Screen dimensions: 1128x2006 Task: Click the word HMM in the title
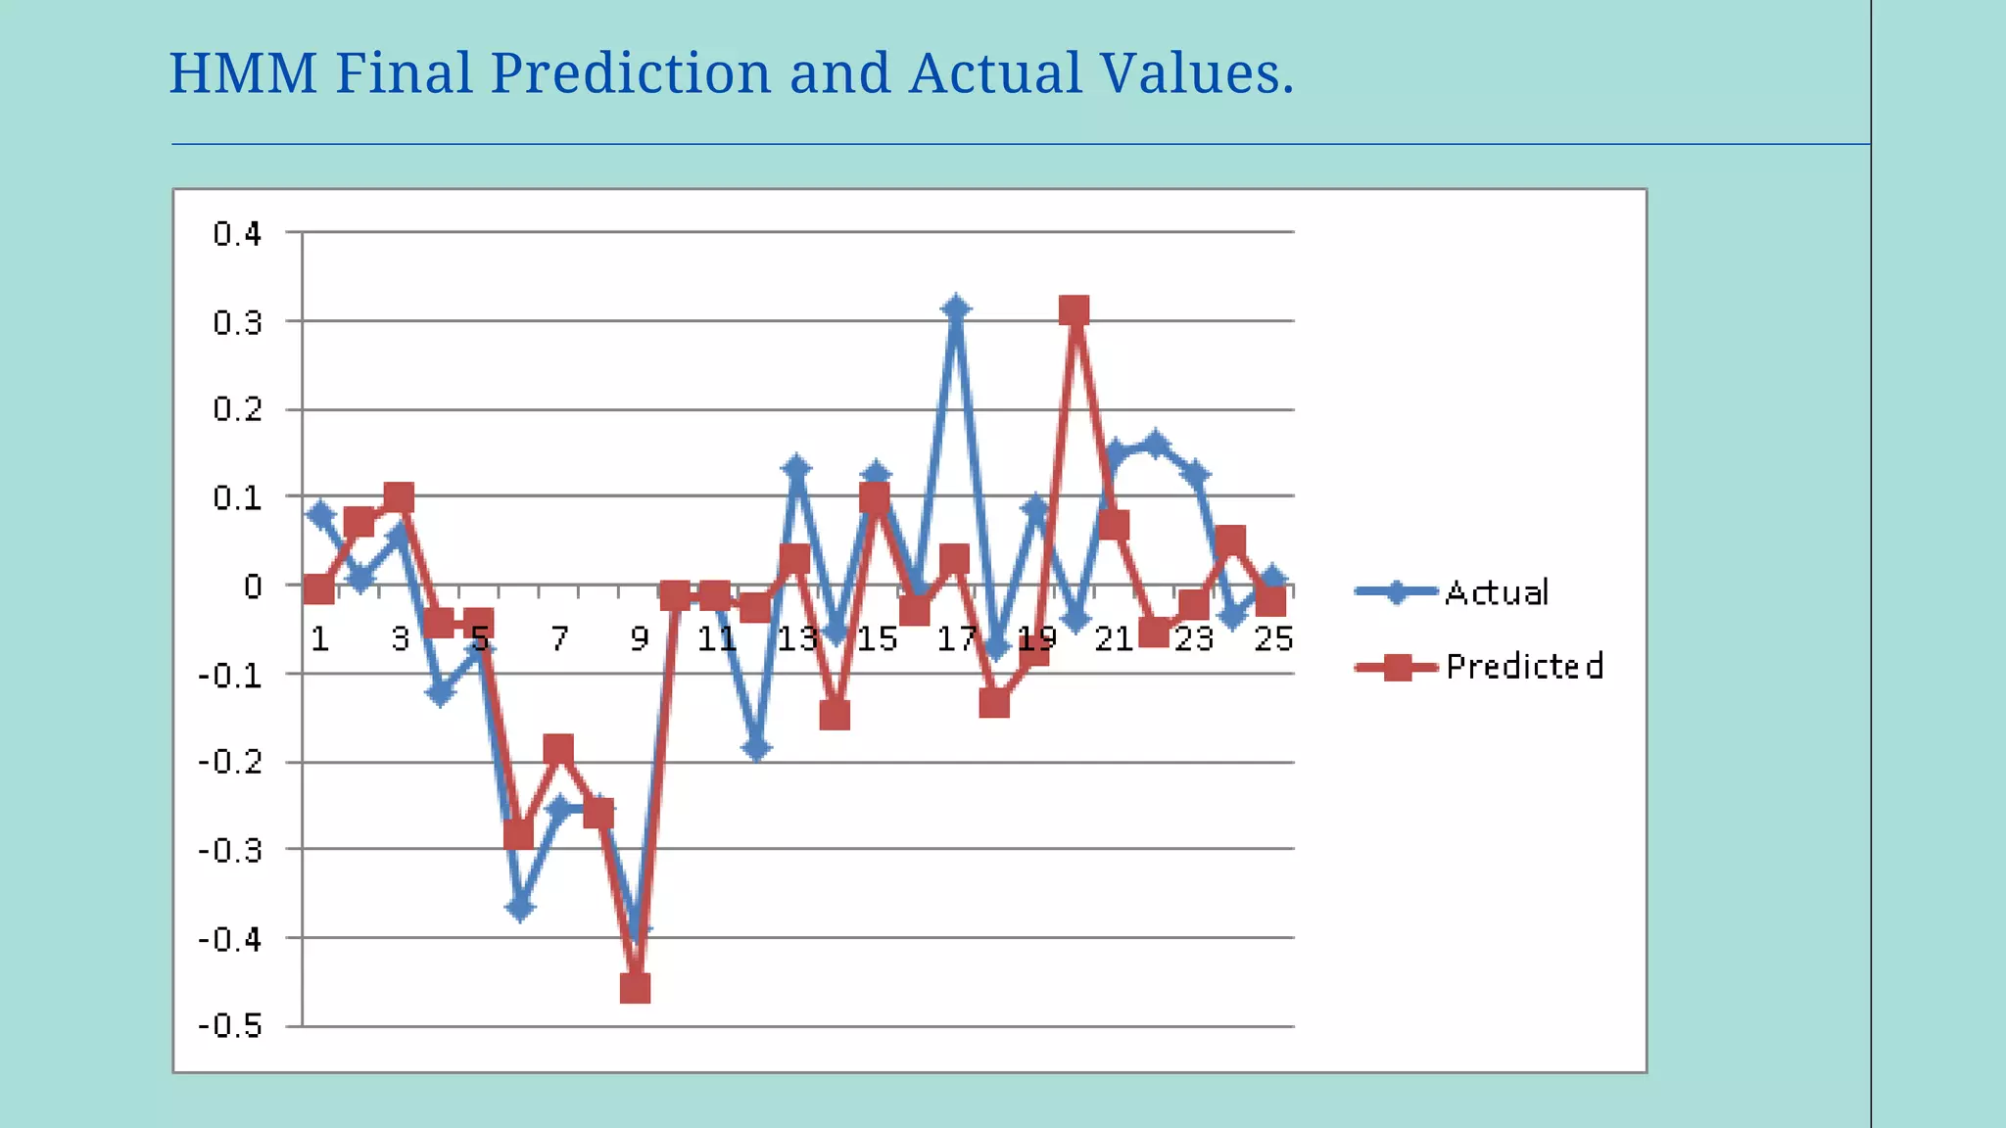pyautogui.click(x=243, y=73)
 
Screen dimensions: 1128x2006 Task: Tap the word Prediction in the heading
pyautogui.click(x=631, y=73)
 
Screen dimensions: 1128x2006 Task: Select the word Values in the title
pyautogui.click(x=1196, y=73)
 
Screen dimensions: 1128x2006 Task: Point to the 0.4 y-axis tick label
pyautogui.click(x=238, y=234)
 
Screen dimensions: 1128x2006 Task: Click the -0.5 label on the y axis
pyautogui.click(x=231, y=1026)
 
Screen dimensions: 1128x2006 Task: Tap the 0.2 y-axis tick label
pyautogui.click(x=238, y=409)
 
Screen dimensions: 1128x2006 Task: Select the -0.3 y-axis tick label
pyautogui.click(x=231, y=850)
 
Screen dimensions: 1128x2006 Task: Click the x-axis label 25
pyautogui.click(x=1273, y=639)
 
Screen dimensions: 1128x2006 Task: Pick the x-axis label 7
pyautogui.click(x=559, y=639)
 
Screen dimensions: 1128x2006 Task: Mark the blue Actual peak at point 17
pyautogui.click(x=956, y=309)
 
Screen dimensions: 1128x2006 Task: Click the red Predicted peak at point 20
pyautogui.click(x=1075, y=311)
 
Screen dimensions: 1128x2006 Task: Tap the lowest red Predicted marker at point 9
pyautogui.click(x=636, y=988)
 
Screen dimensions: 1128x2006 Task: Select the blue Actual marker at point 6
pyautogui.click(x=520, y=908)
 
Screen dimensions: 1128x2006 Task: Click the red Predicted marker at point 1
pyautogui.click(x=319, y=589)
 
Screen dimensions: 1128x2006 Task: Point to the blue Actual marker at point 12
pyautogui.click(x=756, y=749)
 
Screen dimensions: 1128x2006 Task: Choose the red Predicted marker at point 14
pyautogui.click(x=835, y=716)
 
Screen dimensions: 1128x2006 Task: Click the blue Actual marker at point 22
pyautogui.click(x=1156, y=445)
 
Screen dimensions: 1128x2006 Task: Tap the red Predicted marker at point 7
pyautogui.click(x=558, y=750)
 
